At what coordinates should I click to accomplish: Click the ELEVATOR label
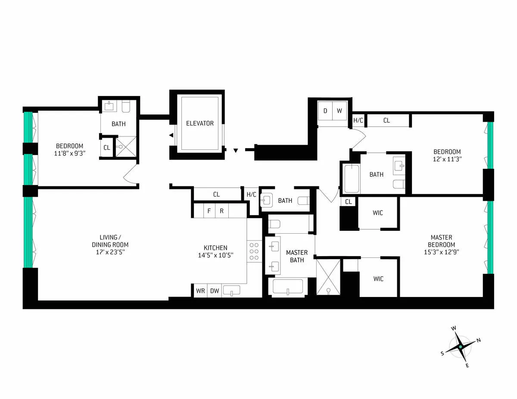point(199,124)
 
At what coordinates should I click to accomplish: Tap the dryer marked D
point(325,111)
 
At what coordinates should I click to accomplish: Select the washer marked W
point(339,111)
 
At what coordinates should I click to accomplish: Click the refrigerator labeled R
point(221,211)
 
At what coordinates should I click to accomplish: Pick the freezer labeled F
point(209,211)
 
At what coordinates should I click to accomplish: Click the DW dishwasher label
point(214,291)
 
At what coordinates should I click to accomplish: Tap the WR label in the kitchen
point(200,291)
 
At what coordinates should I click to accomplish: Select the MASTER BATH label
point(297,256)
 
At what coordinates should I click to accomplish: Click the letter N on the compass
point(478,340)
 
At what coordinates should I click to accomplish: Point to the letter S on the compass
point(442,353)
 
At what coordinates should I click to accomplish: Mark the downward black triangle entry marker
point(235,151)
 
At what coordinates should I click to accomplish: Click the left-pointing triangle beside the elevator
point(171,135)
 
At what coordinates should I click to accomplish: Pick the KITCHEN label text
point(215,248)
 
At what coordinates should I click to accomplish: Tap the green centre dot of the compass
point(461,347)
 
